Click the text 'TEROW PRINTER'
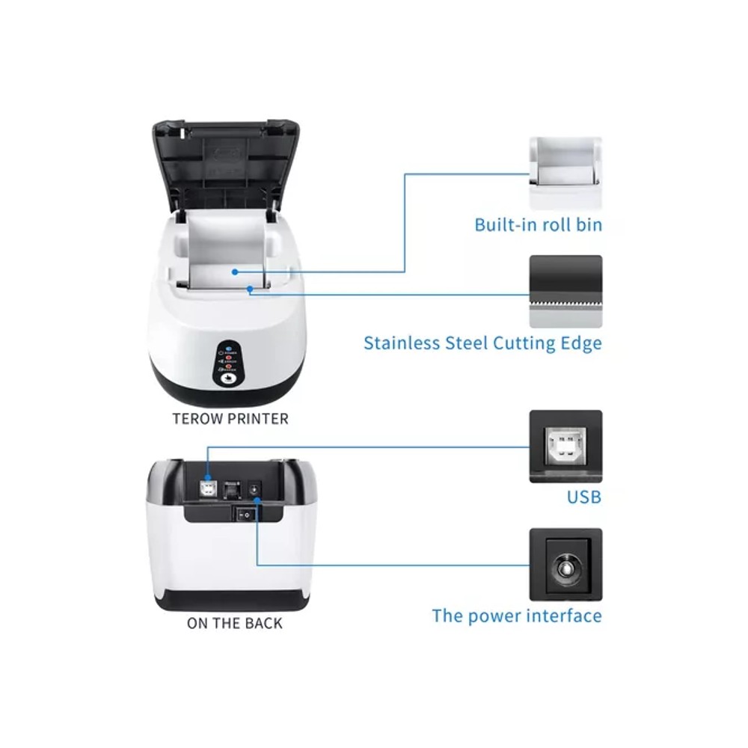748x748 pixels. [x=230, y=419]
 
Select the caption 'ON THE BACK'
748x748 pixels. [x=235, y=622]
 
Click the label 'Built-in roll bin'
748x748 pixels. [x=538, y=224]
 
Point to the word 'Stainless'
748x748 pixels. [x=400, y=343]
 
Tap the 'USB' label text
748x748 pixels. [x=583, y=497]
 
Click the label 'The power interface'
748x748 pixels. [x=516, y=616]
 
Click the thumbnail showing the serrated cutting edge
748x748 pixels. [x=565, y=292]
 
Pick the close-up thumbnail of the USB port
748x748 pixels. [x=565, y=446]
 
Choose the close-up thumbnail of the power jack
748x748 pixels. [x=565, y=564]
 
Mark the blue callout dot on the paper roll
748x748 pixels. [x=235, y=272]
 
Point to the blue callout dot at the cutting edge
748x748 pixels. [x=250, y=287]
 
